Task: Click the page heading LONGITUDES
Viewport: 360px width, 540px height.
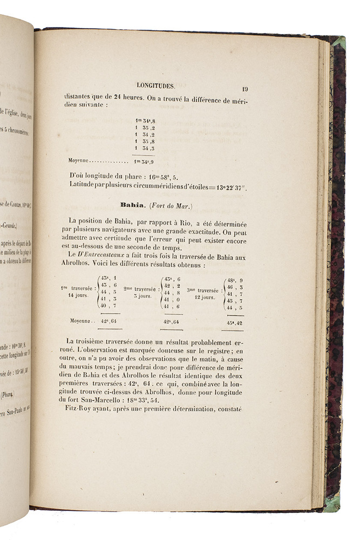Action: click(x=155, y=86)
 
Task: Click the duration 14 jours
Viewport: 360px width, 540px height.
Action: click(x=78, y=295)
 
